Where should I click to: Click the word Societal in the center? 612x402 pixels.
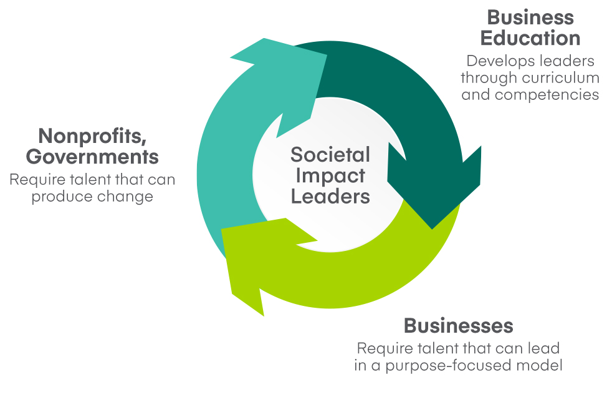(330, 154)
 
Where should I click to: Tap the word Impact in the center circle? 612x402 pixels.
(330, 175)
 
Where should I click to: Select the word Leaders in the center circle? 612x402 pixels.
(330, 196)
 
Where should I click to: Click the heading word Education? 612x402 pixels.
(530, 38)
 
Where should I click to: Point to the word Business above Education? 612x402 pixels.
(530, 17)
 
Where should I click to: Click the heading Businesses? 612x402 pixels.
(458, 325)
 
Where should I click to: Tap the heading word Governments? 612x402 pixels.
(92, 157)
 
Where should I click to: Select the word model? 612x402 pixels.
(540, 365)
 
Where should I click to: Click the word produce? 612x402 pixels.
(62, 196)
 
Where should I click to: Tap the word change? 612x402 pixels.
(125, 196)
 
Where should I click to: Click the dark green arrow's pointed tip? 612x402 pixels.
(432, 228)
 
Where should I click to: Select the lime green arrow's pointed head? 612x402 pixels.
(264, 316)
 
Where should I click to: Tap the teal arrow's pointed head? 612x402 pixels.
(264, 38)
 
